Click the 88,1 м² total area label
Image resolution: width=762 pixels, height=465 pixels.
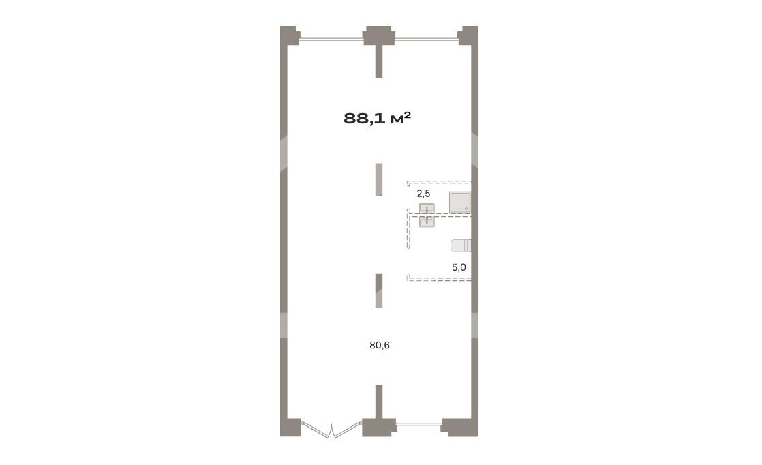point(378,118)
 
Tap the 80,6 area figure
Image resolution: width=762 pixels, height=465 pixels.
point(380,346)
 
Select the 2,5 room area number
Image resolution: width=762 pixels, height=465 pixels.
point(423,194)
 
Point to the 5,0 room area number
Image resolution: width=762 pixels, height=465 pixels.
point(459,267)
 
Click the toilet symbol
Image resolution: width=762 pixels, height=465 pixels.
point(461,246)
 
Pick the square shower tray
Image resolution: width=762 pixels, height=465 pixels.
point(460,202)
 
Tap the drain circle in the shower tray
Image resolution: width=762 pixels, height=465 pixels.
point(466,209)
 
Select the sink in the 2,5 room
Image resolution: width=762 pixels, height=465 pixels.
point(427,208)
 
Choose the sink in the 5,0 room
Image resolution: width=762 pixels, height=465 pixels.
point(427,222)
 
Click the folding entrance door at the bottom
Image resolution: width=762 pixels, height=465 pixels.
point(331,430)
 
